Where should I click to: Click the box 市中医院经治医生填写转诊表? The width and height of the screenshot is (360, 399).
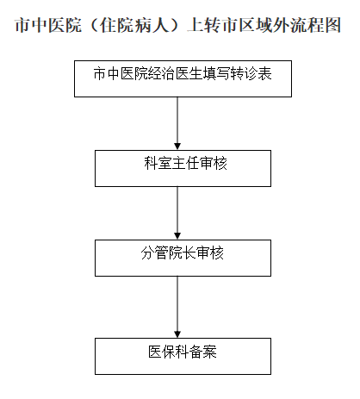pyautogui.click(x=183, y=78)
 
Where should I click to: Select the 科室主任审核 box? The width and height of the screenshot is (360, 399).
pyautogui.click(x=183, y=168)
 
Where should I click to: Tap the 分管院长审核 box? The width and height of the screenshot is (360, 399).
pyautogui.click(x=183, y=258)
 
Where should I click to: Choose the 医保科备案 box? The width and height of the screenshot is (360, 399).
pyautogui.click(x=183, y=356)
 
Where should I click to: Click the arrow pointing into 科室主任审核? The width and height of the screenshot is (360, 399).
pyautogui.click(x=177, y=123)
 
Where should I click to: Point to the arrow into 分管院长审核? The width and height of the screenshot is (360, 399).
pyautogui.click(x=177, y=213)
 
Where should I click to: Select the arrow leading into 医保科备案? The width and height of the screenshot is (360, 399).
pyautogui.click(x=177, y=307)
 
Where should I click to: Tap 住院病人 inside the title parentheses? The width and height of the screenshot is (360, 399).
pyautogui.click(x=133, y=25)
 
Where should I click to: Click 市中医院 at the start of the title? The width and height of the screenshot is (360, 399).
pyautogui.click(x=48, y=25)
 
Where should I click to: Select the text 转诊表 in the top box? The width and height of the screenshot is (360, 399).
pyautogui.click(x=251, y=74)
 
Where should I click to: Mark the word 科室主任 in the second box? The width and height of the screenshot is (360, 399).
pyautogui.click(x=171, y=164)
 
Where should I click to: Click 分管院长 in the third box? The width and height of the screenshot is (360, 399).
pyautogui.click(x=168, y=253)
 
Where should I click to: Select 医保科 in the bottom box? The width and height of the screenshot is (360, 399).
pyautogui.click(x=169, y=352)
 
